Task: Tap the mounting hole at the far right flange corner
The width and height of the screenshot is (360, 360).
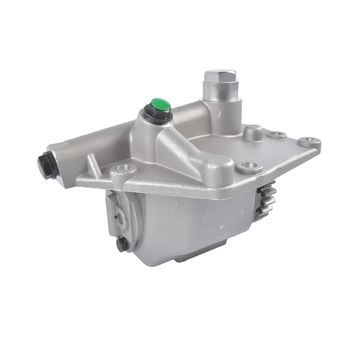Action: [310, 142]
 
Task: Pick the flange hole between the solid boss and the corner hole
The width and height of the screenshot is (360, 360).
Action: [277, 134]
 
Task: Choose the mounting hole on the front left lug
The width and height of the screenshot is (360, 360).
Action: [124, 170]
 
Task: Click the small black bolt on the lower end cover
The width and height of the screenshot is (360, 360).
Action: [123, 244]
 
